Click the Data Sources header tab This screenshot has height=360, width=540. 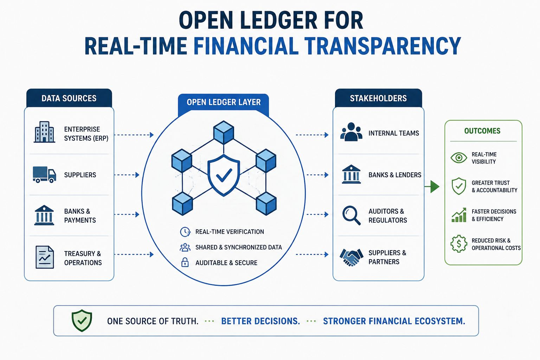click(x=69, y=98)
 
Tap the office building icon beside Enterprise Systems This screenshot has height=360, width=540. click(x=44, y=132)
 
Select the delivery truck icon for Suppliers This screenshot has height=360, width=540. click(x=44, y=174)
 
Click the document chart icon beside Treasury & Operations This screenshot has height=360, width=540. click(x=45, y=257)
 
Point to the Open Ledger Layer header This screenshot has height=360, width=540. click(x=224, y=102)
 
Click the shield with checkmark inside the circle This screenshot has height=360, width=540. click(x=224, y=175)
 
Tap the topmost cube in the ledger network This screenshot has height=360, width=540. click(x=224, y=133)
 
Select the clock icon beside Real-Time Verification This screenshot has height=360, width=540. click(x=185, y=232)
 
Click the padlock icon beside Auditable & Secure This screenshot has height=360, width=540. click(x=185, y=262)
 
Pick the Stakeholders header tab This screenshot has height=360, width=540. click(x=378, y=98)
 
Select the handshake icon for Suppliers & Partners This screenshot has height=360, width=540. click(x=351, y=257)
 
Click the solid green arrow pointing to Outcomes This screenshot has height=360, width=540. click(x=432, y=186)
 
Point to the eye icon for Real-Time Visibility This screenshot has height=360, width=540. click(x=459, y=158)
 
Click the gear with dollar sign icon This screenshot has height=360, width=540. click(x=459, y=244)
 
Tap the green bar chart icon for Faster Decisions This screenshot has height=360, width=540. click(x=459, y=215)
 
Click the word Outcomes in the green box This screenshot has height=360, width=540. click(x=482, y=131)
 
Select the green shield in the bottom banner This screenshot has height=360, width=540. click(x=82, y=321)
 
